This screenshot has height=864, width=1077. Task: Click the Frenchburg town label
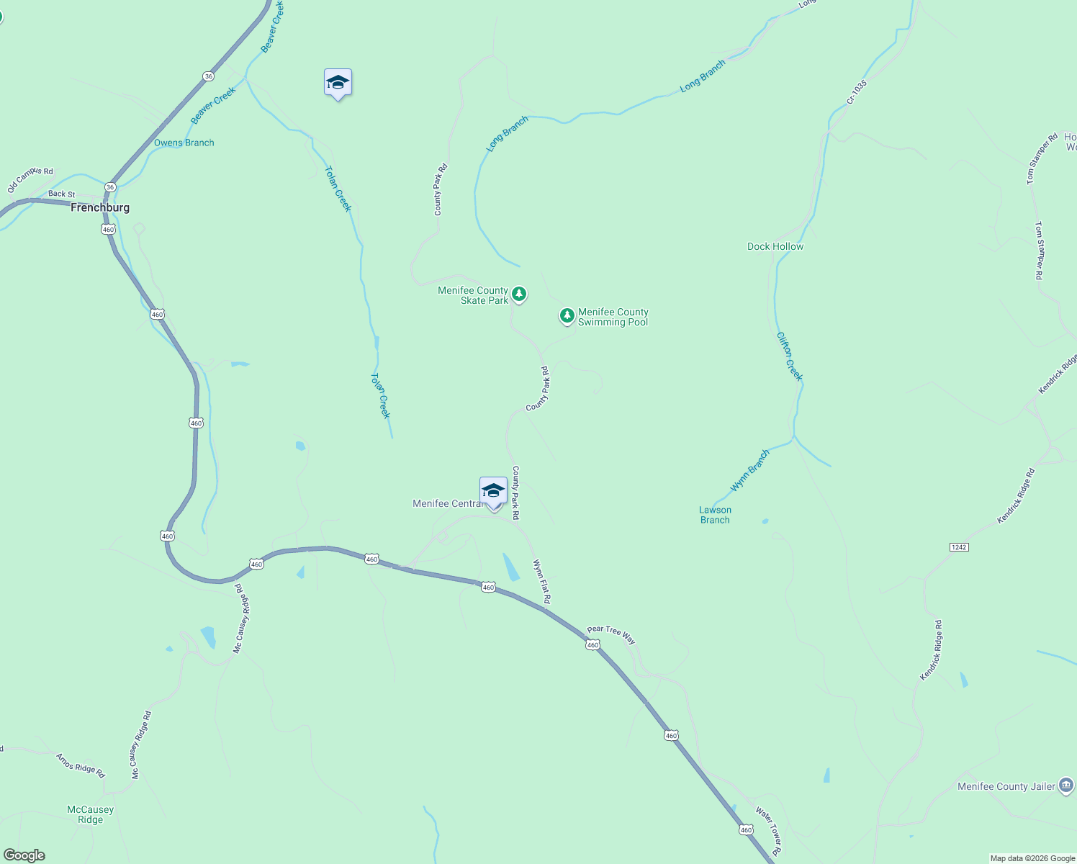tap(100, 207)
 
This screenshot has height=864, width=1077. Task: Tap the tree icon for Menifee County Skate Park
tap(518, 294)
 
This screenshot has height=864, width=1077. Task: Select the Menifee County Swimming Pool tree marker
tap(567, 315)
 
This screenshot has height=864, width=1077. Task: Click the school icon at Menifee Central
tap(493, 492)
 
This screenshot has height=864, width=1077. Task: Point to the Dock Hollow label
tap(775, 246)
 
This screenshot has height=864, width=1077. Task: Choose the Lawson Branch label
tap(715, 515)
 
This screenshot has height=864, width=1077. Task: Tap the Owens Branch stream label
tap(184, 143)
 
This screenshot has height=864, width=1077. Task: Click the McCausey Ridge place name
tap(90, 814)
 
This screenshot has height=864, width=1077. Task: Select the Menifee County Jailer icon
tap(1066, 786)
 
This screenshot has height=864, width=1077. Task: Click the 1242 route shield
tap(958, 547)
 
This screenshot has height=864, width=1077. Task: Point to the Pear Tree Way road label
tap(611, 634)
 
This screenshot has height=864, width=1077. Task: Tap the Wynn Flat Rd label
tap(542, 582)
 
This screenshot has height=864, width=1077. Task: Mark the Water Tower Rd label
tap(768, 831)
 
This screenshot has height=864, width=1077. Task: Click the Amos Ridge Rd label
tap(81, 765)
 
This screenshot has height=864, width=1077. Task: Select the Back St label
tap(62, 194)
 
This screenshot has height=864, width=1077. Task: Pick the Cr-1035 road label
tap(856, 92)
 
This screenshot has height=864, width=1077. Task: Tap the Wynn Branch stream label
tap(750, 471)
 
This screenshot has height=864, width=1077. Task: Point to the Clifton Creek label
tap(789, 356)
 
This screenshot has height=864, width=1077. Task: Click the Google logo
tap(24, 855)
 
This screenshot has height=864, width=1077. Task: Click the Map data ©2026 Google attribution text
tap(1032, 858)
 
